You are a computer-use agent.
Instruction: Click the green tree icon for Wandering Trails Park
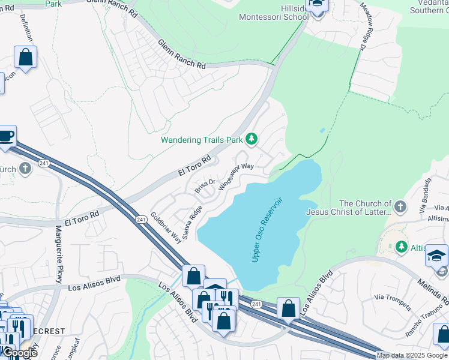252,140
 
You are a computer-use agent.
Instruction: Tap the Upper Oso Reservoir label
268,229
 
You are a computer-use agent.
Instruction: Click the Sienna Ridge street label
193,223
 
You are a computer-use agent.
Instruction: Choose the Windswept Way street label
237,175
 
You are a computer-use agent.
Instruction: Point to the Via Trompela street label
393,302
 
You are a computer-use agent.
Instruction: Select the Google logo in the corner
20,353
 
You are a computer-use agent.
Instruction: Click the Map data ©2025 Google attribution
411,355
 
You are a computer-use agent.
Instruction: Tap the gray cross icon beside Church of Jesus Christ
401,207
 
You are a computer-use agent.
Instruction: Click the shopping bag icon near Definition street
26,58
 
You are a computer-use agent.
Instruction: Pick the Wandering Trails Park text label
201,140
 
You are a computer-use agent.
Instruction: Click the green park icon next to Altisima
401,247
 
